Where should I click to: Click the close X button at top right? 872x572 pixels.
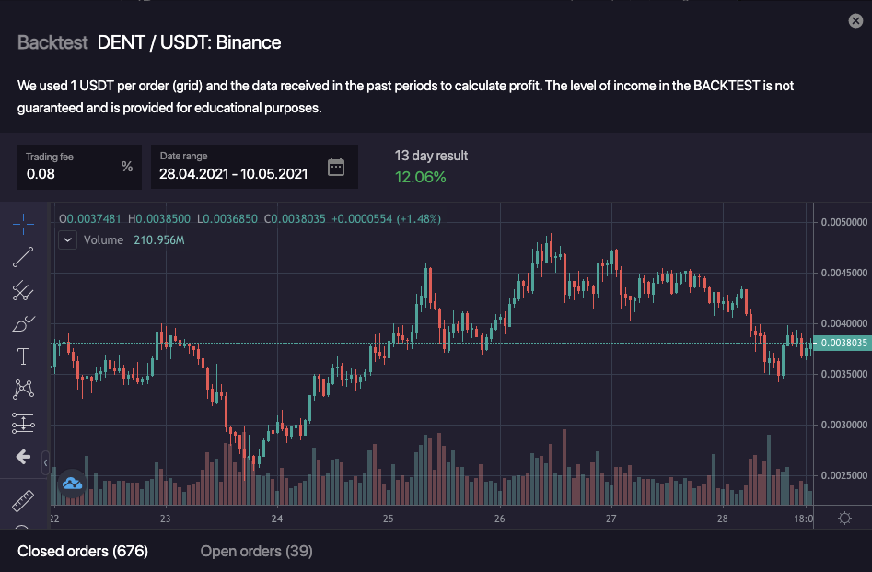(855, 21)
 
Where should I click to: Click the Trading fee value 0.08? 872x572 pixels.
(41, 173)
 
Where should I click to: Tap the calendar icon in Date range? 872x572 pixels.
(336, 167)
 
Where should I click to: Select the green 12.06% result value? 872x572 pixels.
(420, 176)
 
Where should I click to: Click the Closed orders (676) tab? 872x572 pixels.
(83, 551)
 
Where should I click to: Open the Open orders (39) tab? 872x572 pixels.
(256, 551)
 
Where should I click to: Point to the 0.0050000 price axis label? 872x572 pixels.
(843, 222)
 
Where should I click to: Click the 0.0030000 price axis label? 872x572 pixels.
(843, 426)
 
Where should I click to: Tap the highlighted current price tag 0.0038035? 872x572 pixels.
(843, 343)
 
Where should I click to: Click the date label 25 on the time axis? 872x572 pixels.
(388, 519)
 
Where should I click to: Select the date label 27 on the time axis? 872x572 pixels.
(610, 519)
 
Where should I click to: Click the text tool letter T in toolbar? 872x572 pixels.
(24, 356)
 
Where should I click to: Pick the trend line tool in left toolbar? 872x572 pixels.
(24, 257)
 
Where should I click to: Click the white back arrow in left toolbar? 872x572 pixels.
(24, 457)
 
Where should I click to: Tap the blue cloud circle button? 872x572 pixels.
(72, 482)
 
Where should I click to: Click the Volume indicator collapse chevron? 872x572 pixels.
(67, 240)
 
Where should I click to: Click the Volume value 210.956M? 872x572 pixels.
(159, 240)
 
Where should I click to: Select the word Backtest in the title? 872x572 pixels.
(52, 42)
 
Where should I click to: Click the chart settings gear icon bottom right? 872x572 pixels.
(844, 519)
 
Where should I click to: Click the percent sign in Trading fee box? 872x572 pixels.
(127, 167)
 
